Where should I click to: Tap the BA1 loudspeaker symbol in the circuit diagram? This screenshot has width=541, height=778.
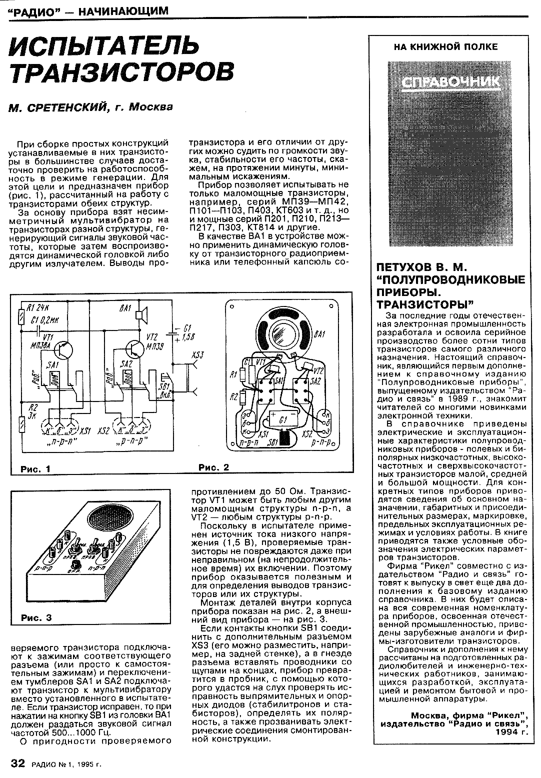(x=142, y=312)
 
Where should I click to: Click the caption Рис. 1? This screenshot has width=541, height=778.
(x=35, y=469)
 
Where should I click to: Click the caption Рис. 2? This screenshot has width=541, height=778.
(x=213, y=467)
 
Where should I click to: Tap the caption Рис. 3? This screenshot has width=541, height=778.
(x=36, y=617)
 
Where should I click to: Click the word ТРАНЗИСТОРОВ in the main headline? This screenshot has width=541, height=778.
(x=122, y=72)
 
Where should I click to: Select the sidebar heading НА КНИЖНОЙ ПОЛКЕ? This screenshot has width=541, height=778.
(x=446, y=47)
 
